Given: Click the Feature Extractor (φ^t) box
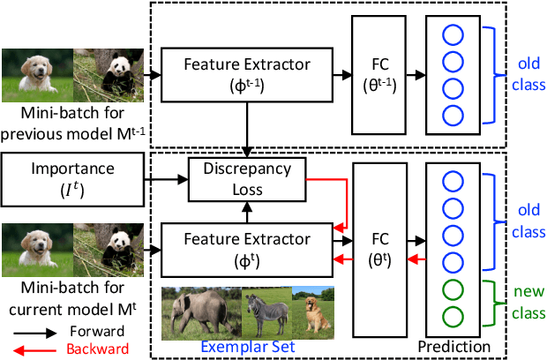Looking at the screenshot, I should coord(248,248).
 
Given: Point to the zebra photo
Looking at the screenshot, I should coord(266,312).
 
